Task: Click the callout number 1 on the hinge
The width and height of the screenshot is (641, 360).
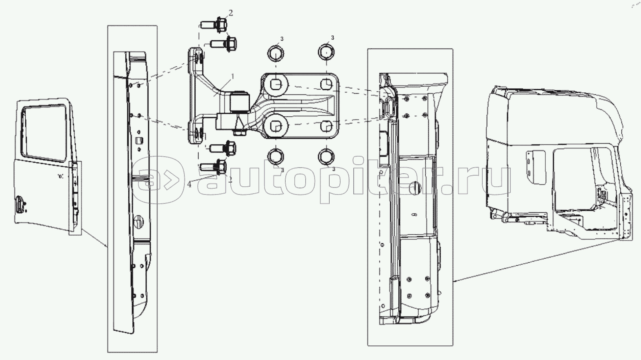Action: point(233,76)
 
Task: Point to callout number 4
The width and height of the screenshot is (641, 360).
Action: point(189,184)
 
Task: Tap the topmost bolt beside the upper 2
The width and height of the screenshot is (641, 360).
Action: point(214,24)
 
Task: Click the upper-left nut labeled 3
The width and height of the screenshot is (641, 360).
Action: point(276,53)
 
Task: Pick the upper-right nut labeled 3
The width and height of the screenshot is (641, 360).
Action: point(326,52)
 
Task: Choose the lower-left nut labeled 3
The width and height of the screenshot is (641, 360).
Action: point(276,157)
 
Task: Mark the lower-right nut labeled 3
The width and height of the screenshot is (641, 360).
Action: point(326,157)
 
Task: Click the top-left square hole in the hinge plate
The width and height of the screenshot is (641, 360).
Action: point(275,85)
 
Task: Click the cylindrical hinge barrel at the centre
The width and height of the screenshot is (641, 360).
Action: point(240,102)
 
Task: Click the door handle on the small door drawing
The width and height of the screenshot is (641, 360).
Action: point(19,204)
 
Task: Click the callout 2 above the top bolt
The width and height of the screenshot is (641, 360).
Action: point(231,13)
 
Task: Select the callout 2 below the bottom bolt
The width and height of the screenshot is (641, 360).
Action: point(230,179)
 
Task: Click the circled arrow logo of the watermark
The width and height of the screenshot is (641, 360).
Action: point(158,180)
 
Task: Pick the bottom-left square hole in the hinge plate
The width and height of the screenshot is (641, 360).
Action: point(275,126)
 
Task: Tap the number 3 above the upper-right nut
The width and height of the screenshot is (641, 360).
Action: point(333,37)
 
